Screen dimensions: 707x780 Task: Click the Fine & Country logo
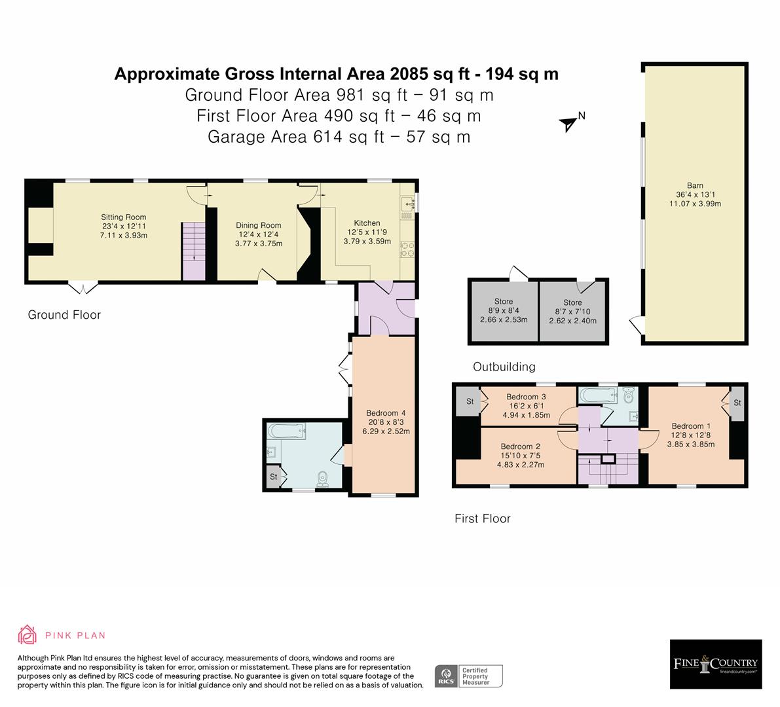[x=715, y=664]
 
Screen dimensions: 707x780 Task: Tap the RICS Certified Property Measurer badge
[x=469, y=676]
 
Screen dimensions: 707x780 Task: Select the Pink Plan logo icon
[x=28, y=635]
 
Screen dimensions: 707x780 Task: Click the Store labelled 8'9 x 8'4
[x=503, y=310]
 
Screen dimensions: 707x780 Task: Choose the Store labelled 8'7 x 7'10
[x=572, y=312]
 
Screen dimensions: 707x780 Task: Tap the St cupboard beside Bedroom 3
[x=470, y=401]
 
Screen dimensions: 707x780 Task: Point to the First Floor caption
[x=482, y=518]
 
